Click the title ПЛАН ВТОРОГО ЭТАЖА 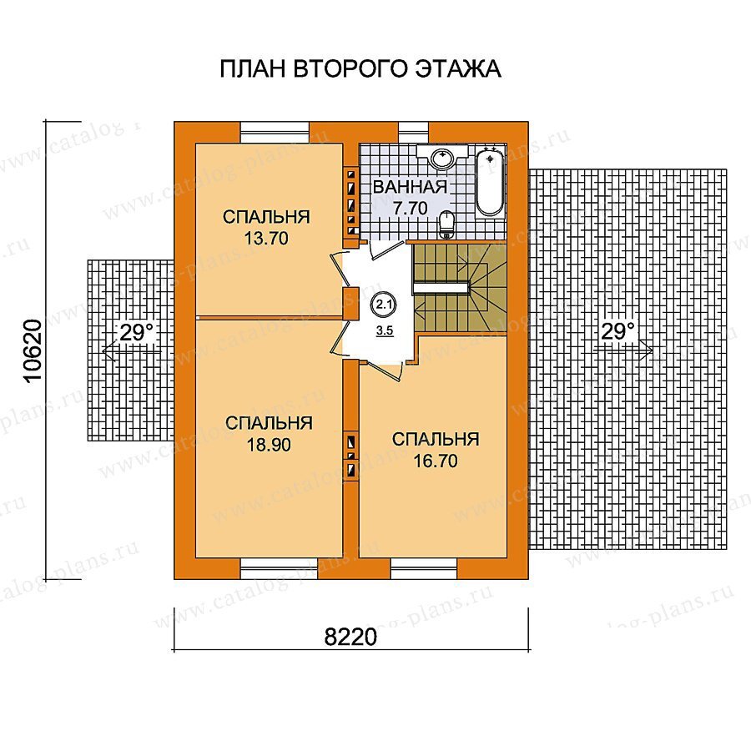coord(360,69)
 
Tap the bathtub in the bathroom coord(491,183)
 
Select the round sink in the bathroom coord(442,158)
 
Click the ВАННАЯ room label coord(410,187)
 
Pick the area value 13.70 coord(266,238)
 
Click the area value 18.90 coord(269,445)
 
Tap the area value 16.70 coord(436,461)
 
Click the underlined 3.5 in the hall coord(385,330)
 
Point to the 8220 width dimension coord(350,637)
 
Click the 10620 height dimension coord(33,350)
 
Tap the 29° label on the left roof coord(137,332)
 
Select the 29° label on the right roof coord(617,331)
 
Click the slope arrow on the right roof coord(622,350)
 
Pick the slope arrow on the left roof coord(131,351)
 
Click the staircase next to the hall coord(459,287)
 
